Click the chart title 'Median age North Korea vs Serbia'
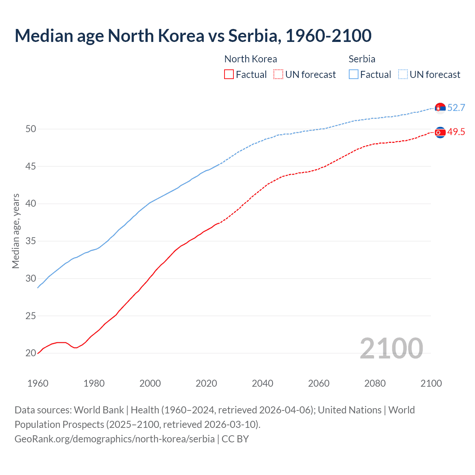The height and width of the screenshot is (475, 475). (x=193, y=36)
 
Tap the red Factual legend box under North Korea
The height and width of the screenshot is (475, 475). (x=229, y=74)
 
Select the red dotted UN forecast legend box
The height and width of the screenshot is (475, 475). (x=278, y=74)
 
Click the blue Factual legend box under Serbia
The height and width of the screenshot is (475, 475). (x=354, y=74)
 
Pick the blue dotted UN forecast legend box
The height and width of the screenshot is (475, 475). (x=403, y=74)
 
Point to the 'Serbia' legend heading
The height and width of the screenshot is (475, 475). (x=362, y=59)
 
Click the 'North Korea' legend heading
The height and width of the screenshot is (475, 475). (x=250, y=59)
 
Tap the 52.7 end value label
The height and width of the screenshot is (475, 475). (x=456, y=108)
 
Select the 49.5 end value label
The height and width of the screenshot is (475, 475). (x=456, y=132)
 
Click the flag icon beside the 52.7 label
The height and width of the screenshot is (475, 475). (x=440, y=108)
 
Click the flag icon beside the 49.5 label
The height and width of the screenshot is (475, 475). (x=440, y=132)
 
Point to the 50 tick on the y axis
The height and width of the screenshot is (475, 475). (x=31, y=129)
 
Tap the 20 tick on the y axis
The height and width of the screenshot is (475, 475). (x=31, y=353)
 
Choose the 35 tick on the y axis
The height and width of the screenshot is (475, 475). (x=31, y=241)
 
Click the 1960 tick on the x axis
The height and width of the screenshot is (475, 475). (x=38, y=383)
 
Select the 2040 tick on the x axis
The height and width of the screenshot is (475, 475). (x=262, y=383)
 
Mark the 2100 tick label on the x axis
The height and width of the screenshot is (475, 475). (x=431, y=383)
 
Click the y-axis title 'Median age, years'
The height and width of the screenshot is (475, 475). (x=16, y=231)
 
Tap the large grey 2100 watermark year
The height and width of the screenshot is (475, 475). (x=391, y=348)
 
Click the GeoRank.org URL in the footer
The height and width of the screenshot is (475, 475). (x=114, y=439)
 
